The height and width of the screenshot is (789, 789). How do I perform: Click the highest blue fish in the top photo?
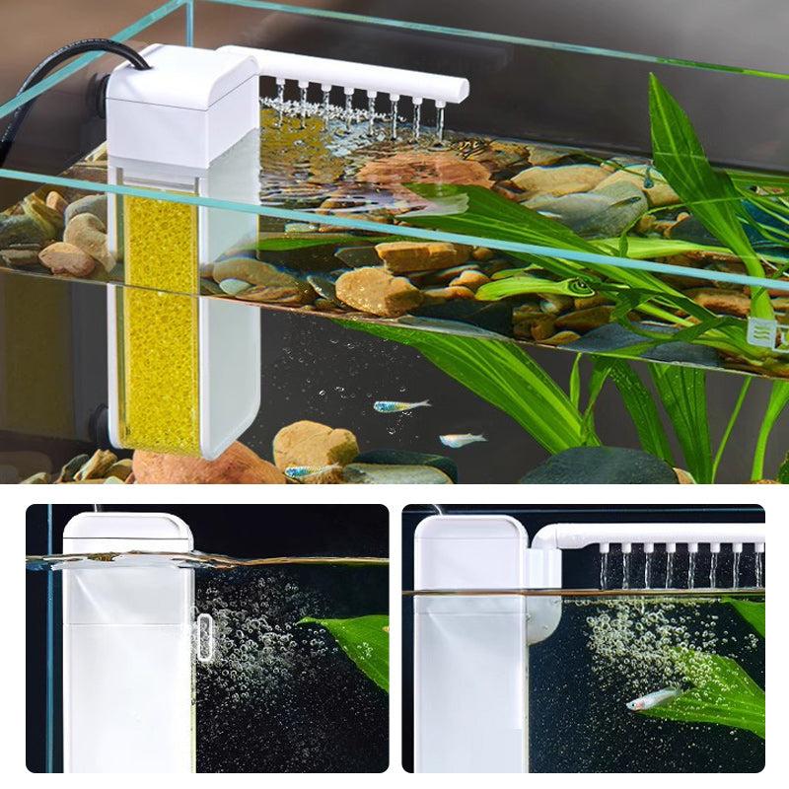(400, 405)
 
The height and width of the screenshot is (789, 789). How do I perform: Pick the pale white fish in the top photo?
(462, 440)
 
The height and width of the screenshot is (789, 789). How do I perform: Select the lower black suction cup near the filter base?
(100, 425)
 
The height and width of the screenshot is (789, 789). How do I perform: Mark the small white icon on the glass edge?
(760, 333)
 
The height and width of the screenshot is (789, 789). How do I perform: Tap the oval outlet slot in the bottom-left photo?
(204, 636)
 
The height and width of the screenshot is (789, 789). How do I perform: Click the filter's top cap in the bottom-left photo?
(128, 533)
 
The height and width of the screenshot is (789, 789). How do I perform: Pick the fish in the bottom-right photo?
(652, 699)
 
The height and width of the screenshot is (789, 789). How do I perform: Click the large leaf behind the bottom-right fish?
(710, 690)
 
